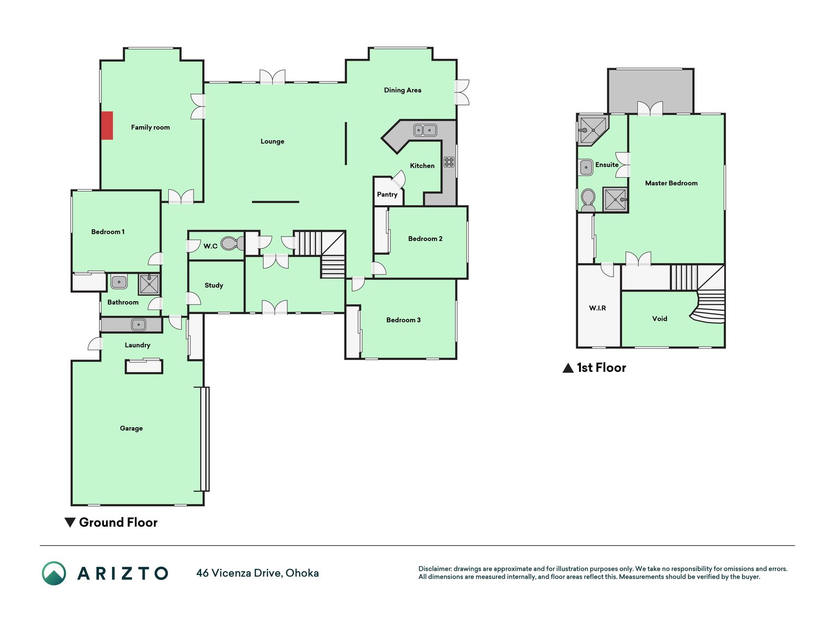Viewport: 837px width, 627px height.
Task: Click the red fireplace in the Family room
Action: pyautogui.click(x=107, y=125)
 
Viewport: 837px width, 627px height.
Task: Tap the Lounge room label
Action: pyautogui.click(x=272, y=142)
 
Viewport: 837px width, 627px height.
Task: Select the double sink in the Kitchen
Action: pyautogui.click(x=425, y=130)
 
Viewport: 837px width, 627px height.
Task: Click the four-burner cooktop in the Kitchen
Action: pyautogui.click(x=449, y=162)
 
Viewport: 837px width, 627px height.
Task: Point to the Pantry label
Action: pyautogui.click(x=387, y=194)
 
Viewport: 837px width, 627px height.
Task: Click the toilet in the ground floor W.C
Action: pyautogui.click(x=232, y=243)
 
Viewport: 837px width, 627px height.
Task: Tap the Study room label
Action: pyautogui.click(x=214, y=285)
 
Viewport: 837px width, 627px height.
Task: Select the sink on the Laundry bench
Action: pyautogui.click(x=138, y=324)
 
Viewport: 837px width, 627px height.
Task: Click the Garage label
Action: pyautogui.click(x=131, y=428)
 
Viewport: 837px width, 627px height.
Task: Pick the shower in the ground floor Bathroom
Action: pyautogui.click(x=149, y=284)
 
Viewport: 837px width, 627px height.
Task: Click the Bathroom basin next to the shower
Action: pyautogui.click(x=119, y=282)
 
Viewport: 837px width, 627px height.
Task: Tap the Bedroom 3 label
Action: pyautogui.click(x=403, y=320)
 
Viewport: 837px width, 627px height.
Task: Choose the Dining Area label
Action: pyautogui.click(x=403, y=90)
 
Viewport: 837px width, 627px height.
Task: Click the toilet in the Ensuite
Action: pyautogui.click(x=587, y=200)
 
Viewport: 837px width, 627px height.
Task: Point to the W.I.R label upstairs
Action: pyautogui.click(x=597, y=308)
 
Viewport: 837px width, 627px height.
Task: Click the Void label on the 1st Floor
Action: pyautogui.click(x=659, y=319)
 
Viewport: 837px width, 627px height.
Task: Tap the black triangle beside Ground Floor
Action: pyautogui.click(x=70, y=522)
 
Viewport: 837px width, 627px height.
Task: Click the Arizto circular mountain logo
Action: pyautogui.click(x=54, y=573)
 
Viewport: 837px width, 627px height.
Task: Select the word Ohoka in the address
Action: pyautogui.click(x=302, y=573)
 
